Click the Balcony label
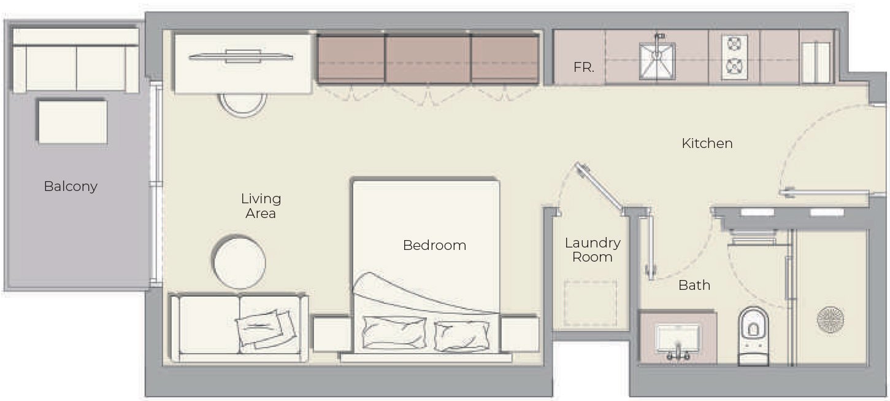coord(71,186)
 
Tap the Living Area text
coord(261,206)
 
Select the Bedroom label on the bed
coord(434,245)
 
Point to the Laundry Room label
coord(593,250)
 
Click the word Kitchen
coord(707,143)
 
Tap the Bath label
coord(694,285)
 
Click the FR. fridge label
coord(584,67)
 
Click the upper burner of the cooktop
coord(734,44)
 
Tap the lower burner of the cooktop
coord(734,65)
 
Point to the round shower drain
coord(831,320)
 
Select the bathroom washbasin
coord(677,338)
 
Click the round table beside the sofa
coord(239,262)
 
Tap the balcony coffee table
coord(73,122)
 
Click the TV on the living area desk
coord(241,56)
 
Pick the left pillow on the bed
coord(393,333)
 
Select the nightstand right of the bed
coord(520,333)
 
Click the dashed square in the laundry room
coord(591,303)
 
